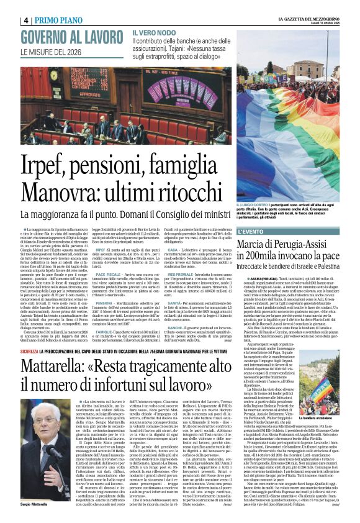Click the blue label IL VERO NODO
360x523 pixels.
(x=155, y=32)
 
